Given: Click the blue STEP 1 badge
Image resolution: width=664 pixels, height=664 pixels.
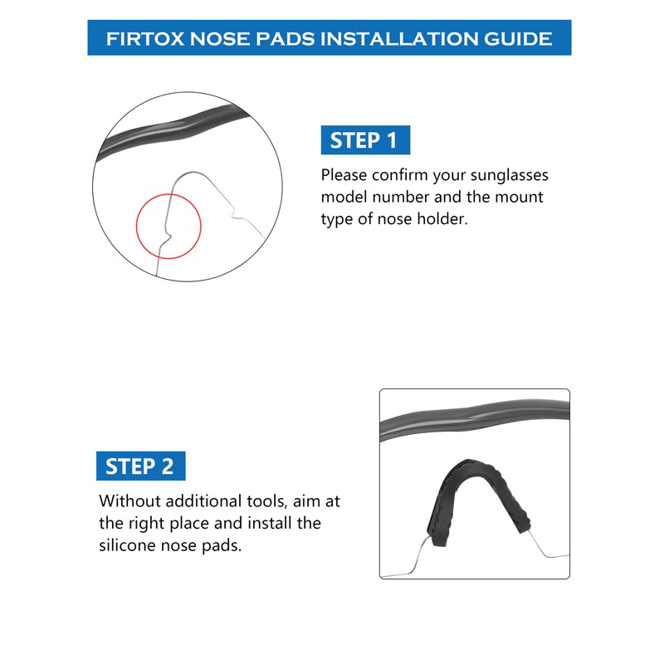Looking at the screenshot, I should click(x=365, y=140).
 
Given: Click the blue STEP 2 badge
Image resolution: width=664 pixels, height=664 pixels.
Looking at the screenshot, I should click(x=140, y=466).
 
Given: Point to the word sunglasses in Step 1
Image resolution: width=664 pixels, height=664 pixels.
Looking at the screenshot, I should click(x=506, y=176).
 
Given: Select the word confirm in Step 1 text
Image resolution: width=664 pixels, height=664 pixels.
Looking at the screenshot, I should click(x=395, y=176).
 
